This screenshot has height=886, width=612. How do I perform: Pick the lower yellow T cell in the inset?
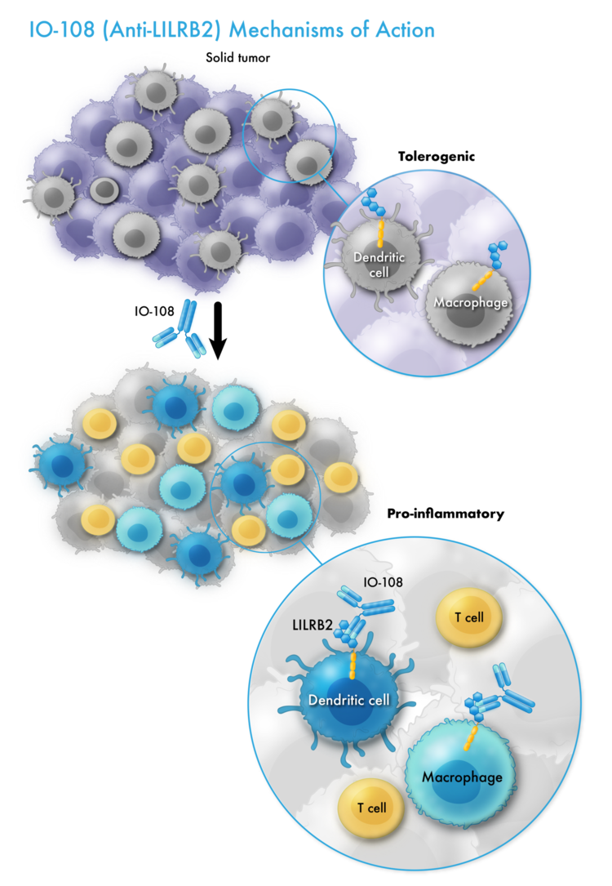(x=370, y=808)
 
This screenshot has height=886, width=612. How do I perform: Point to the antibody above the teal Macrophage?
(x=510, y=692)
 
